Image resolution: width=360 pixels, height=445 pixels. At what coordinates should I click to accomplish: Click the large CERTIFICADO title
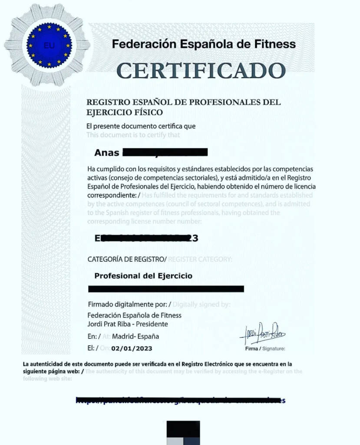coord(201,71)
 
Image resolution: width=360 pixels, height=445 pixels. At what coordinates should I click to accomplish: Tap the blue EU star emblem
coord(49,45)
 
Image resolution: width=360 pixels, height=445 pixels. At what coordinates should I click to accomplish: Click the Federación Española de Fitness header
coord(204,44)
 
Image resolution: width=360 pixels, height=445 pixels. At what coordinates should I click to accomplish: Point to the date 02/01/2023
coord(132,348)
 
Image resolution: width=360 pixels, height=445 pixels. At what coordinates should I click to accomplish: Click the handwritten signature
coord(262,334)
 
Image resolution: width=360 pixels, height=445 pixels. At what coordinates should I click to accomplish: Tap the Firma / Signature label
coord(265,349)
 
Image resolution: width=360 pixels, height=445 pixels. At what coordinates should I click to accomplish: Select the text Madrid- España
coord(135,336)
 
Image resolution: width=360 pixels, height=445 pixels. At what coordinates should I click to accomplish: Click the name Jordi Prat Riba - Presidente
coord(128,324)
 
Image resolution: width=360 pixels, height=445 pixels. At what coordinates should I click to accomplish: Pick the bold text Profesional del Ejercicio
coord(143,276)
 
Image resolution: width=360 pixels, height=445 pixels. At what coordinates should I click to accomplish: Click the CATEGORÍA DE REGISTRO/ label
coord(127,259)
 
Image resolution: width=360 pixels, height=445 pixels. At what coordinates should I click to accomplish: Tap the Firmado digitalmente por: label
coord(129,304)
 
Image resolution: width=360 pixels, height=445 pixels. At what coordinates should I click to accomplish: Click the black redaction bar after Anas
coord(165,152)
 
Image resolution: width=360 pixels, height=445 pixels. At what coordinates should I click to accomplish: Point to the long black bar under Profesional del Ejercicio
coord(166,289)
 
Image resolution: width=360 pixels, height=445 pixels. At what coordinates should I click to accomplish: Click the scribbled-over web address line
coord(181,400)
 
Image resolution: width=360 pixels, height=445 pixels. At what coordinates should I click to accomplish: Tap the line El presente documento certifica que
coord(141,126)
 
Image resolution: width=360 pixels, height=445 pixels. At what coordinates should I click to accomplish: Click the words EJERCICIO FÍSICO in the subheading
coord(125,113)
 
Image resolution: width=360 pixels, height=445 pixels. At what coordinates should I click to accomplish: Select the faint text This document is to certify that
coord(133,135)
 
